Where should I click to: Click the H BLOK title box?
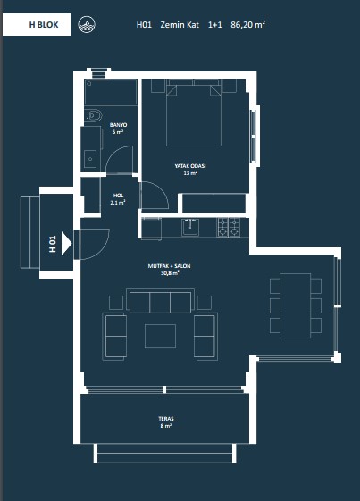(37, 24)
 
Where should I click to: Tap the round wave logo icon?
(87, 25)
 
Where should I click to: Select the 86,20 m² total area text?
(248, 25)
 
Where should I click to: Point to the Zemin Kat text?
(180, 25)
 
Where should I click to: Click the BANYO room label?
(118, 125)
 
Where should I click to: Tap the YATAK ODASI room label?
(190, 166)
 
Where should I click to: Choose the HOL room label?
(118, 196)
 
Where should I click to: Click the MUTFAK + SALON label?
(169, 266)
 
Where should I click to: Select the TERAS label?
(166, 418)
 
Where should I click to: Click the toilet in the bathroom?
(93, 115)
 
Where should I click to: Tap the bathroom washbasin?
(91, 159)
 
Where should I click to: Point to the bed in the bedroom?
(194, 113)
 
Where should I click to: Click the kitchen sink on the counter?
(190, 227)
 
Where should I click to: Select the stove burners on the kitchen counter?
(229, 227)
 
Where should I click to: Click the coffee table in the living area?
(160, 336)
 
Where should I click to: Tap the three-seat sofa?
(160, 301)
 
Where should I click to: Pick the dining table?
(296, 305)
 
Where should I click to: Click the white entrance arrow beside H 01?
(66, 244)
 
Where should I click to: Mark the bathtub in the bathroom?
(111, 92)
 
